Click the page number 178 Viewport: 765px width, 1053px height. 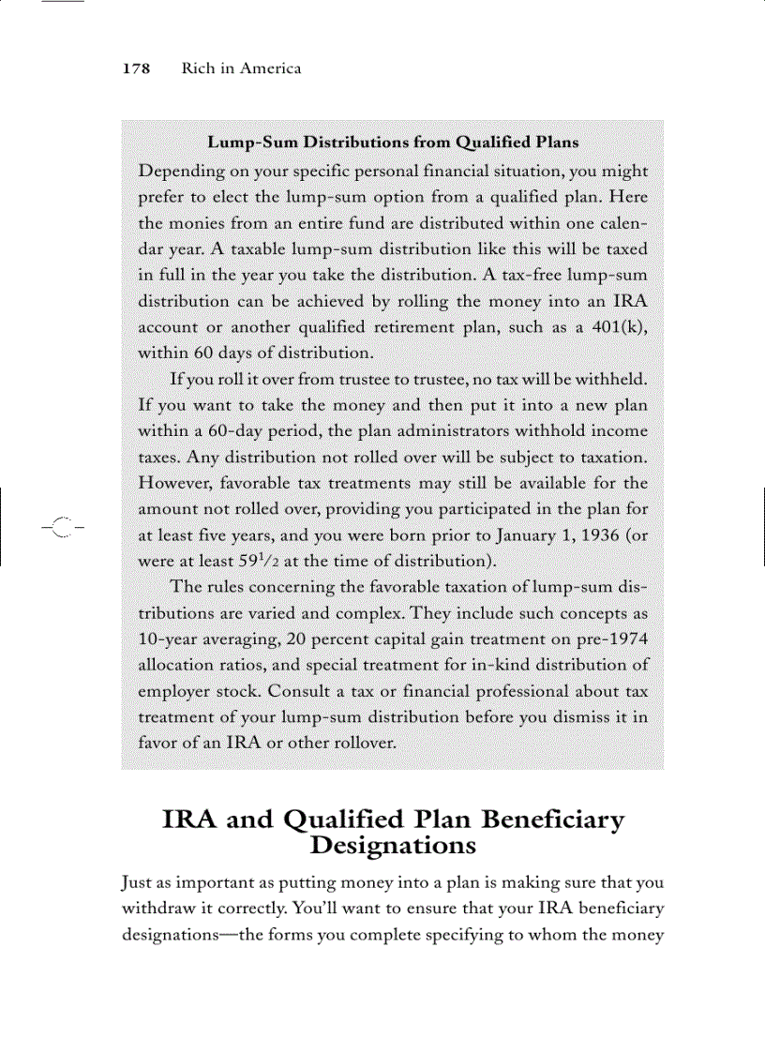(x=137, y=69)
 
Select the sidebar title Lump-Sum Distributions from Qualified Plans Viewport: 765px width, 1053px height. (x=393, y=143)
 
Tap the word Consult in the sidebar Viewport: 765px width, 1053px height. (x=297, y=691)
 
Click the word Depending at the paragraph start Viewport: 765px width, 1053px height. (x=180, y=173)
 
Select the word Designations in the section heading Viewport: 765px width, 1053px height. (x=393, y=846)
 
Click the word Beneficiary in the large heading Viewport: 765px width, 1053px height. (x=552, y=820)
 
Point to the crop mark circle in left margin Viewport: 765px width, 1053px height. (x=60, y=528)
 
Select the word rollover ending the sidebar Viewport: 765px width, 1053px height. (x=365, y=744)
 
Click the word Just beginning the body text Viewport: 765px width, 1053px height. (x=138, y=883)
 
